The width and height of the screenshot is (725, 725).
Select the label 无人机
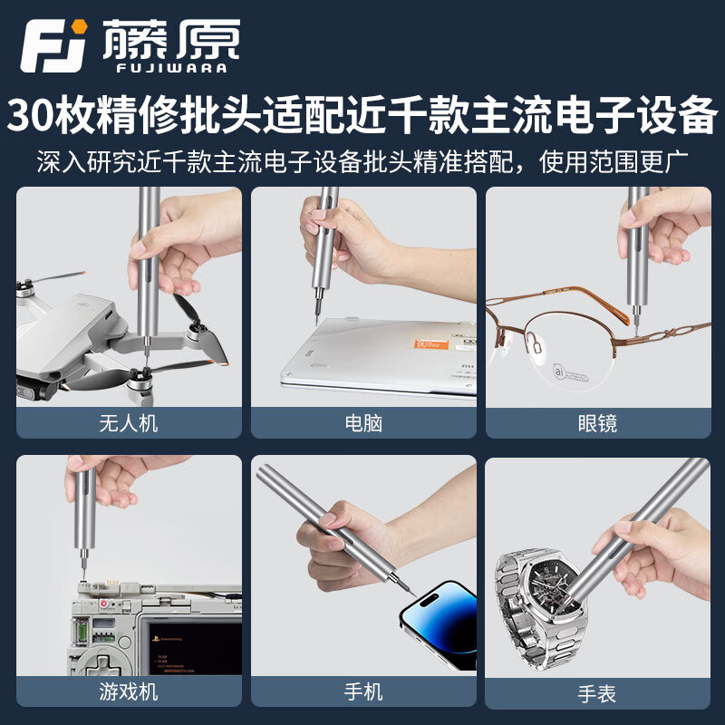(129, 423)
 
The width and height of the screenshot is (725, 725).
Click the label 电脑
(363, 423)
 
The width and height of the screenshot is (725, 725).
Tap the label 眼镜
(597, 423)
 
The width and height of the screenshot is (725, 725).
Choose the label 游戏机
(129, 692)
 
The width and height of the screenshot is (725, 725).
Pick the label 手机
(363, 692)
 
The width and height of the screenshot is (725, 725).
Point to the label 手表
(597, 694)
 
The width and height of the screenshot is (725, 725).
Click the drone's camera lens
(27, 391)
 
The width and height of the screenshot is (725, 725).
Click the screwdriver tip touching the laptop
(315, 319)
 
